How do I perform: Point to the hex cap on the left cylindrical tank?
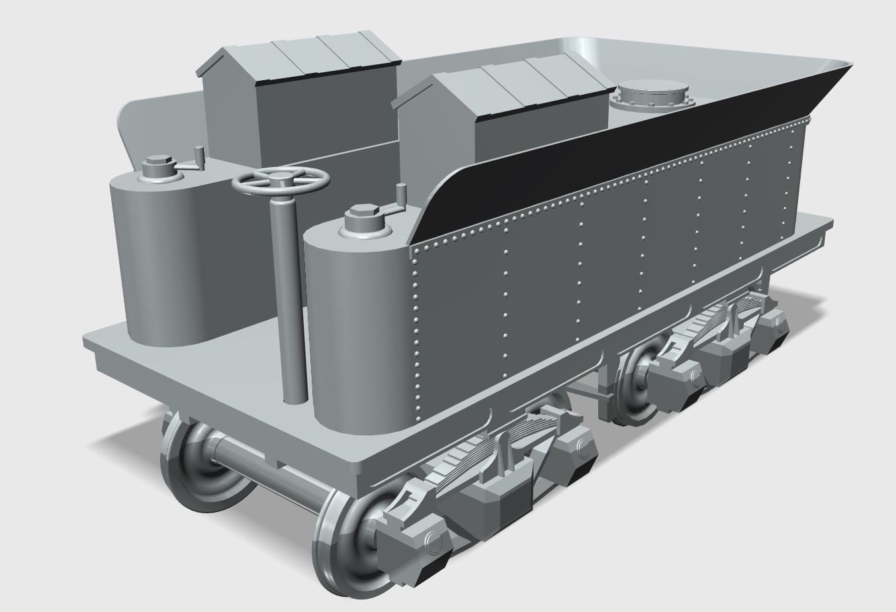click(x=158, y=163)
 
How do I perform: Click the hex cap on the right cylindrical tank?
click(x=361, y=215)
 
